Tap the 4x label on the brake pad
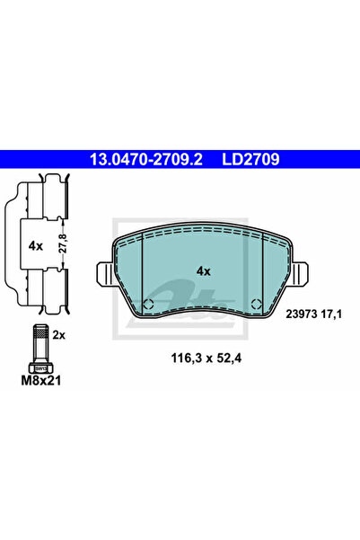click(203, 270)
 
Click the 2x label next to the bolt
click(59, 333)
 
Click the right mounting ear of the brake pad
click(303, 270)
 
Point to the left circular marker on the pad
click(149, 303)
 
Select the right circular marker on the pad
click(257, 303)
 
